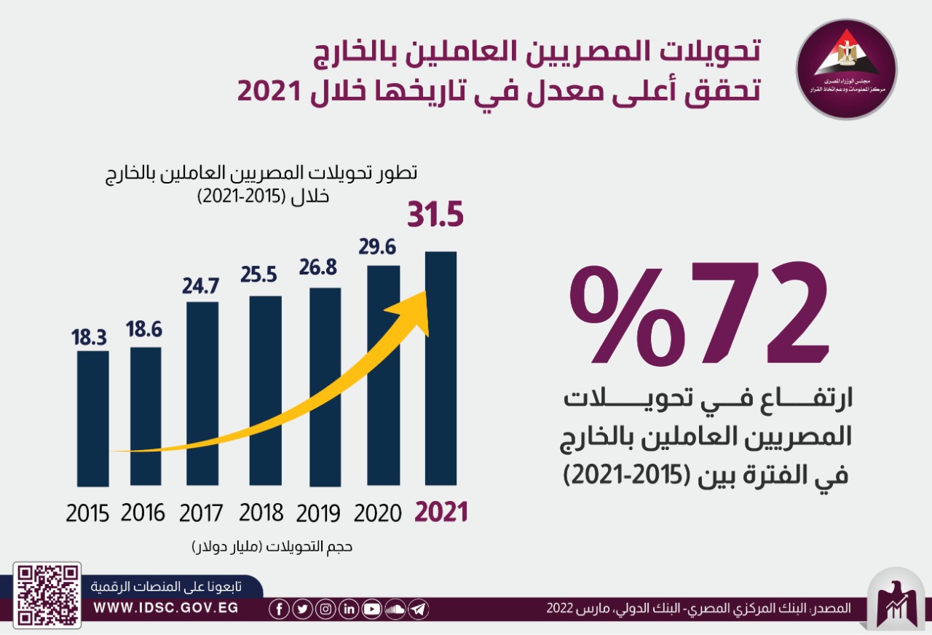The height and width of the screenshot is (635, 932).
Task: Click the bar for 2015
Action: coord(92,419)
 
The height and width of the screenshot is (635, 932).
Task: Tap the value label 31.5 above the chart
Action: coord(435,216)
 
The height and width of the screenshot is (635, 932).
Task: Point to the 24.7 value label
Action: coord(201,285)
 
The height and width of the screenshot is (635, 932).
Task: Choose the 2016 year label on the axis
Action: coord(143,513)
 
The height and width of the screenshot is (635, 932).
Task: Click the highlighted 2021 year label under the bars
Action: coord(441,512)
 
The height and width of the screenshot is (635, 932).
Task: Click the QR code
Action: coord(49,594)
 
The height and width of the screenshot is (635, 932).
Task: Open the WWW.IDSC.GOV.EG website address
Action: coord(166,607)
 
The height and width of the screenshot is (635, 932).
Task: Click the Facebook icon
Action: coord(279,609)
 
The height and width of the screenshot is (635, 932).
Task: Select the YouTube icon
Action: coord(371,609)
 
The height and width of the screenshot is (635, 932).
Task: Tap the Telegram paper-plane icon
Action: coord(418,609)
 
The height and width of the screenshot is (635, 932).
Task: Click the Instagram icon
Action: coord(325,609)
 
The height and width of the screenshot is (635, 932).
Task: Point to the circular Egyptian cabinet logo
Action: coord(846,69)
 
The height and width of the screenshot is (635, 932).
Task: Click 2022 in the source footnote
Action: coord(561,608)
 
